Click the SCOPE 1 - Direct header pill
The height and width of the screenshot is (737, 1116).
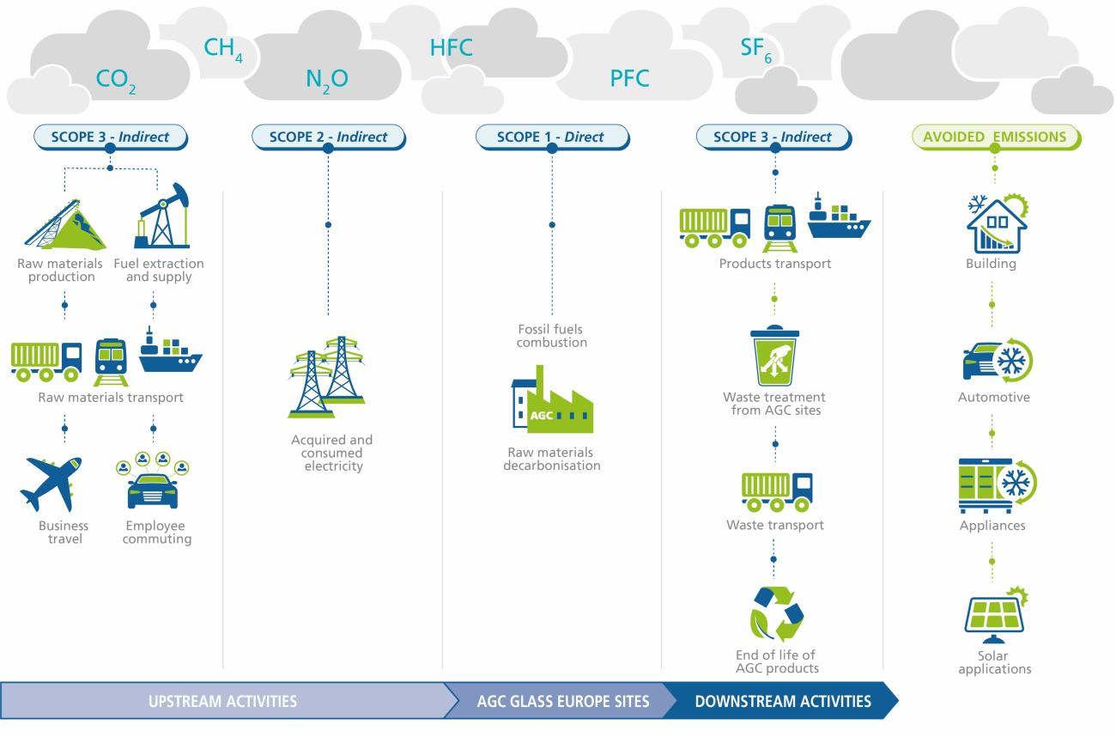pos(551,137)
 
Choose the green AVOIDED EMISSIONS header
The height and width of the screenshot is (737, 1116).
pos(994,137)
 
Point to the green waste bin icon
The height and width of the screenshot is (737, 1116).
pos(774,355)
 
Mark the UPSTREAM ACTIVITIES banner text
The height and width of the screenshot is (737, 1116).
pos(223,702)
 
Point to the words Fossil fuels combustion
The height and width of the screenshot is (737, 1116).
pos(551,336)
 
